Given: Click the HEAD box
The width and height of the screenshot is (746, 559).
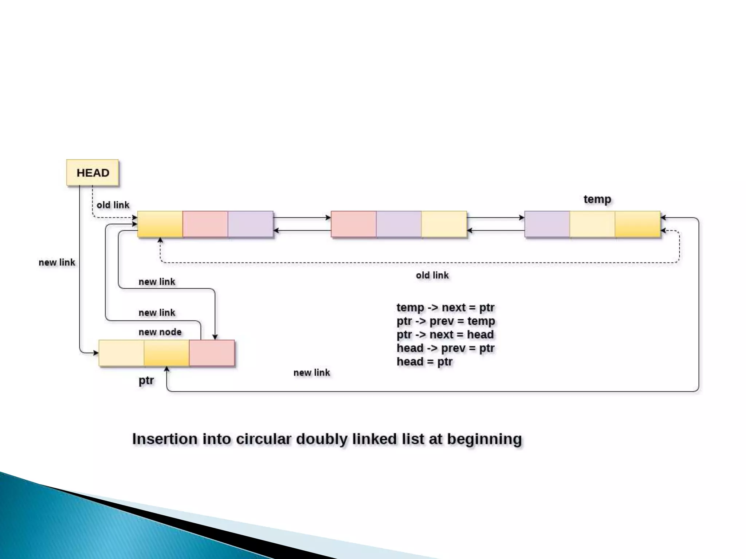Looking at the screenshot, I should click(x=93, y=173).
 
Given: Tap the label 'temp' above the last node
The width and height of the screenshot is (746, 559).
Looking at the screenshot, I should click(x=597, y=199).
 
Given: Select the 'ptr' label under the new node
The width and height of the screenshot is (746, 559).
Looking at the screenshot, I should click(x=146, y=381).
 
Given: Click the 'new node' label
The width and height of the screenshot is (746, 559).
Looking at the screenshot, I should click(x=160, y=332).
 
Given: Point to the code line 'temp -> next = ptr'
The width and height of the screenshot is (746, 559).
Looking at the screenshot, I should click(x=445, y=308).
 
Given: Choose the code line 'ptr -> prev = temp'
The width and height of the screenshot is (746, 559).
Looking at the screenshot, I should click(x=445, y=321).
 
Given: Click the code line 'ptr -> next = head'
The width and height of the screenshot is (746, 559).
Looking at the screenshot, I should click(x=445, y=334).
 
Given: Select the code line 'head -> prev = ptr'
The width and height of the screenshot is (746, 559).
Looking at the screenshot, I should click(x=445, y=348).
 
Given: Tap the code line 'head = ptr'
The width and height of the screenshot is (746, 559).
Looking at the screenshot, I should click(x=424, y=362).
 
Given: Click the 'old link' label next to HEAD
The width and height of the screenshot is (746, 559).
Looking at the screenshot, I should click(x=113, y=205).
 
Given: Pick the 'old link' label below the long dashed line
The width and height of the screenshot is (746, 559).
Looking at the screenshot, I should click(x=432, y=275).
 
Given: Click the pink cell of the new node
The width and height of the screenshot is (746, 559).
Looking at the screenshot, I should click(x=212, y=353).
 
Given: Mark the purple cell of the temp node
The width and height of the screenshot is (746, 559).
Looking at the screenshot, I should click(x=547, y=224).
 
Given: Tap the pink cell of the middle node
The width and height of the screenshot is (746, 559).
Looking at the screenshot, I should click(x=353, y=224).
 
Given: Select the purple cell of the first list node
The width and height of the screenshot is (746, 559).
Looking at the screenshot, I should click(x=250, y=224).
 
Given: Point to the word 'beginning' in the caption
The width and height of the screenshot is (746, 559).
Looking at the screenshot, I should click(x=484, y=439).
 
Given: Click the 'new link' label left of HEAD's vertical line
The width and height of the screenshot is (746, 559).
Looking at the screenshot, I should click(x=57, y=262).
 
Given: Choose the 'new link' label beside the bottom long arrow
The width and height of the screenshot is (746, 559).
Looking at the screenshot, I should click(x=311, y=373).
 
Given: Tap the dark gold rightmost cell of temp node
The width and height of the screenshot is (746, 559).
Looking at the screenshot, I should click(x=637, y=224).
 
